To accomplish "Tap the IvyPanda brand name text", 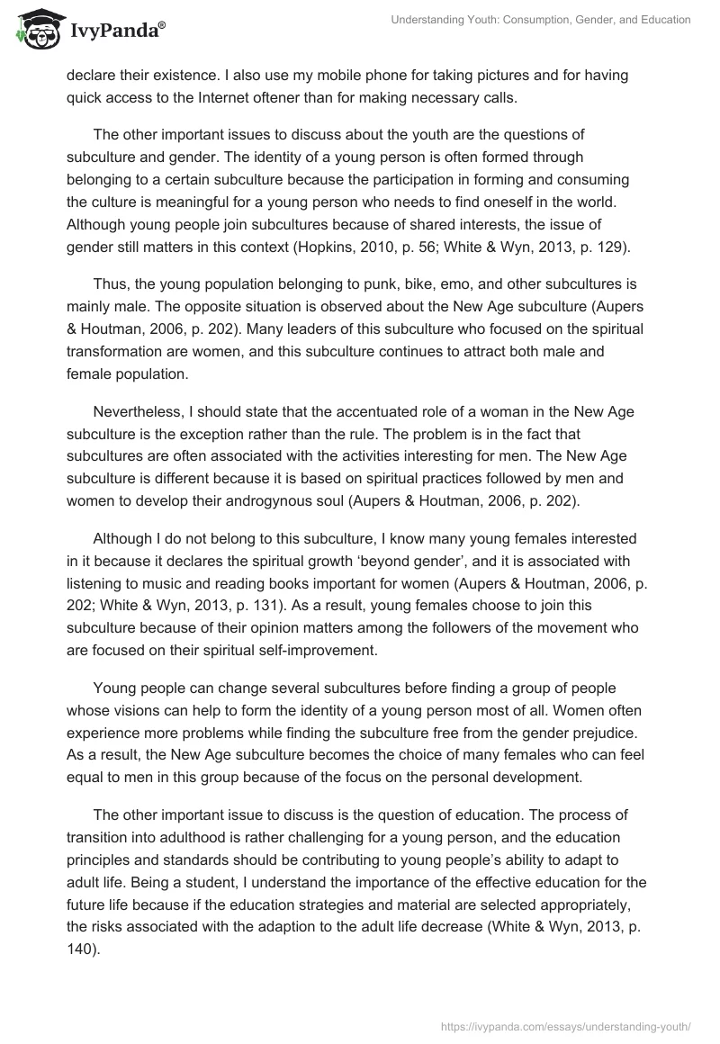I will [x=115, y=31].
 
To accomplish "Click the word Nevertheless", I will [x=139, y=412].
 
